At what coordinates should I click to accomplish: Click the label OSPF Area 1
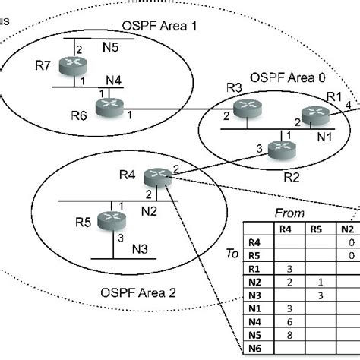(159, 26)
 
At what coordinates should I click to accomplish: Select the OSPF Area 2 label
(138, 292)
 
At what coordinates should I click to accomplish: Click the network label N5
(111, 47)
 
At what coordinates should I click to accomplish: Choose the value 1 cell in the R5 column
(319, 281)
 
